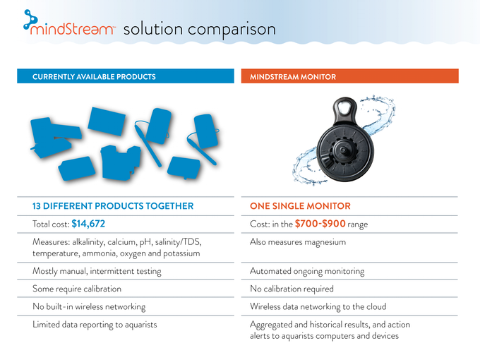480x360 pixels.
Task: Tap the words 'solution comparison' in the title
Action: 200,30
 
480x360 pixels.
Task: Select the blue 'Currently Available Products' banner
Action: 126,76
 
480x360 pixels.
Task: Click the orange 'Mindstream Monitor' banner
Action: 350,76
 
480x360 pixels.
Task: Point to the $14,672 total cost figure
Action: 88,224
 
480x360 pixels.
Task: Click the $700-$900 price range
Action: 320,224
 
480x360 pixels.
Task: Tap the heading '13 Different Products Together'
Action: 113,206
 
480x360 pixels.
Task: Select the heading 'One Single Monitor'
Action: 300,206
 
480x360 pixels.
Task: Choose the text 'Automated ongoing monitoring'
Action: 307,272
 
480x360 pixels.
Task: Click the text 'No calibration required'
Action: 292,289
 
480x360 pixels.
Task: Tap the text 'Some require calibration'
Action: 77,289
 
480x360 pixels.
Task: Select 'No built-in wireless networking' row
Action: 89,307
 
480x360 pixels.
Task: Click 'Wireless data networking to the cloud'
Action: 318,307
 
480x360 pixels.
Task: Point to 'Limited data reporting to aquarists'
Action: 95,325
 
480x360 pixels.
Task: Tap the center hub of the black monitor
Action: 343,150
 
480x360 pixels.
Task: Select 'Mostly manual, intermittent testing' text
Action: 97,272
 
